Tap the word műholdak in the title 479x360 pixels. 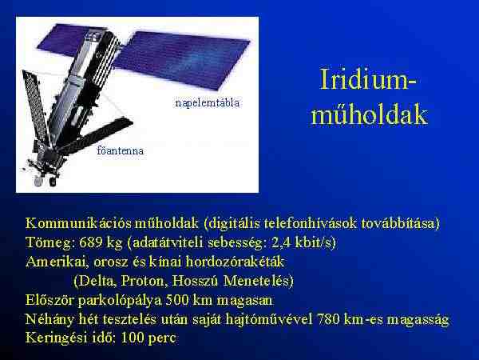click(x=369, y=114)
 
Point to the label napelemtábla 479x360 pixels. click(x=208, y=103)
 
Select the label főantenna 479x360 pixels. click(x=120, y=150)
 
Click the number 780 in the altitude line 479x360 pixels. click(x=328, y=319)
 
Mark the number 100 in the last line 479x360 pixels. click(x=133, y=338)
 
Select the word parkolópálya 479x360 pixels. click(x=119, y=300)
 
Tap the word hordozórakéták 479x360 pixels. click(x=235, y=262)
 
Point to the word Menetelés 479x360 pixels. click(x=259, y=281)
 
